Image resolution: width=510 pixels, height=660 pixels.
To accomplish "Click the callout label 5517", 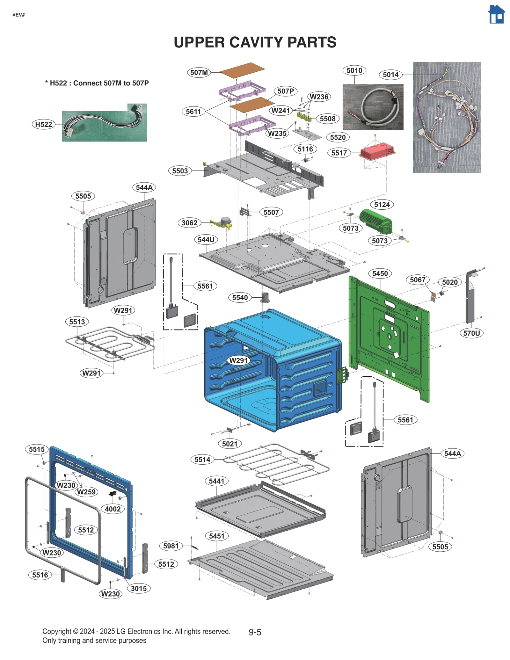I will pyautogui.click(x=339, y=153).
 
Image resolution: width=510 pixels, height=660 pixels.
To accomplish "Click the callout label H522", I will pyautogui.click(x=43, y=124).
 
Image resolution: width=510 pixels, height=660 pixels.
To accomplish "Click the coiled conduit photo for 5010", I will pyautogui.click(x=373, y=107).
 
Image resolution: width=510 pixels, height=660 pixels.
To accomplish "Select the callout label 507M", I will pyautogui.click(x=199, y=72).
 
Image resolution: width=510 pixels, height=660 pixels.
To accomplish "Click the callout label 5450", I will pyautogui.click(x=380, y=273).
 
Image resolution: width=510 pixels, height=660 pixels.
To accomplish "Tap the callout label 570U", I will pyautogui.click(x=471, y=333).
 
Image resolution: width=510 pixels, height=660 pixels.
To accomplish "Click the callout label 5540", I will pyautogui.click(x=240, y=297).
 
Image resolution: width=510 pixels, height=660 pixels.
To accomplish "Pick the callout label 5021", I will pyautogui.click(x=229, y=444).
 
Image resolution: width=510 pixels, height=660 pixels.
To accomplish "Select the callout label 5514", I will pyautogui.click(x=202, y=459).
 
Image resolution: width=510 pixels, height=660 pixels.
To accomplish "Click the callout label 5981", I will pyautogui.click(x=171, y=546).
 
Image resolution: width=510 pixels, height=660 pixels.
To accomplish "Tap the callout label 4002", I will pyautogui.click(x=113, y=509).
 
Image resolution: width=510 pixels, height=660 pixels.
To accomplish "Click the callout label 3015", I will pyautogui.click(x=139, y=588).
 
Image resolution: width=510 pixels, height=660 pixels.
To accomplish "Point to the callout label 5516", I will pyautogui.click(x=40, y=575).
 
